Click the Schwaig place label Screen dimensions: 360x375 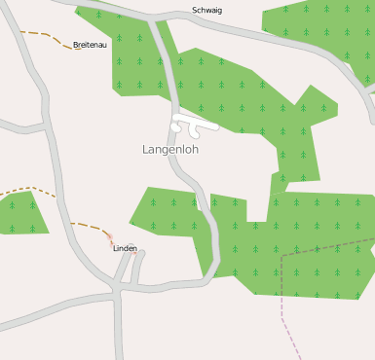tap(206, 10)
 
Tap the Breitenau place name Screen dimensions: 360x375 tap(90, 45)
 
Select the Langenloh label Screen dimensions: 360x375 tap(170, 150)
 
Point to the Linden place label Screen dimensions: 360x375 tap(125, 248)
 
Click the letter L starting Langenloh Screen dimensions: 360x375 tap(146, 150)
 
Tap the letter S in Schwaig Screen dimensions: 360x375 tap(195, 10)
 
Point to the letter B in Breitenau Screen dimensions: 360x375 tap(76, 45)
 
